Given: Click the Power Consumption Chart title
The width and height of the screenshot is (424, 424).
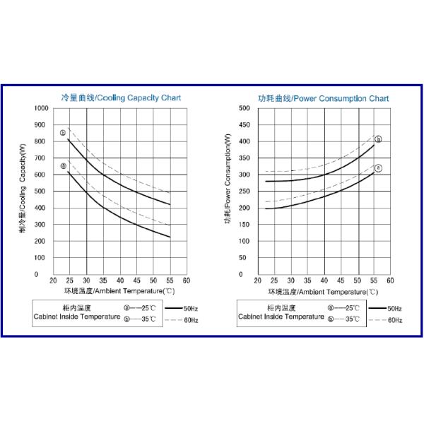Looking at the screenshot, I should coord(323,98).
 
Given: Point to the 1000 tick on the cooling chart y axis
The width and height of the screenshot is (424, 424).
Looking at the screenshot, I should coord(40,108).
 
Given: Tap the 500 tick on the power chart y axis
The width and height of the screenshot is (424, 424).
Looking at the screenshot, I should coord(245,108).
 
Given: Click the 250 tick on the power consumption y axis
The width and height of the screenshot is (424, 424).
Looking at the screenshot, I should coord(245,192).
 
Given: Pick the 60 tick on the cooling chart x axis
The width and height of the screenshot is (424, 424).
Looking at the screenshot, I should coord(186,281).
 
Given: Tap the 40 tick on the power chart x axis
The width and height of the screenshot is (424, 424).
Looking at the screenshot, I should coord(324,281).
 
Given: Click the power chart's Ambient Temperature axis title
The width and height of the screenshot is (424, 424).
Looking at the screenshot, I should coord(323,290).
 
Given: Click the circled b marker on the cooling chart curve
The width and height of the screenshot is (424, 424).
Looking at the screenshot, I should coord(63,133).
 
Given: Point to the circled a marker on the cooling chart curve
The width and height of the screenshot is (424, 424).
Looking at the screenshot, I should coord(63,166).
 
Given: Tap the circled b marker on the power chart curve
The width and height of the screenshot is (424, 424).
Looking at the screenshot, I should coord(378,139).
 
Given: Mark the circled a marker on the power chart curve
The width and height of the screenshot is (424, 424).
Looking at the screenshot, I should coord(378,168).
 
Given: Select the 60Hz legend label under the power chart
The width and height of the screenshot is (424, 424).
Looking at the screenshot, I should coord(394,320).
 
